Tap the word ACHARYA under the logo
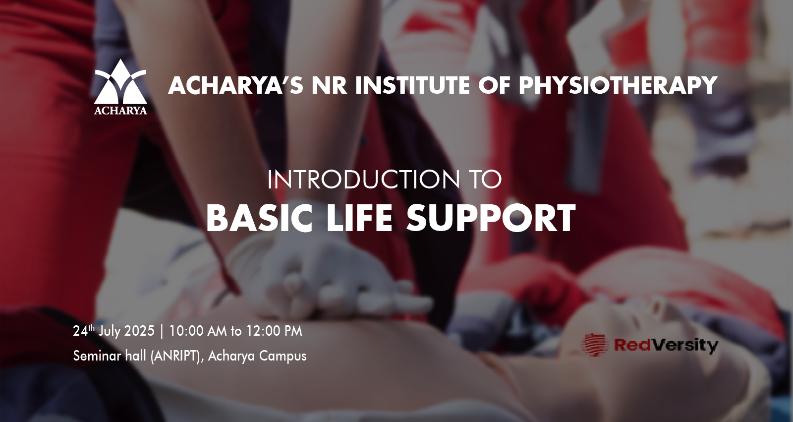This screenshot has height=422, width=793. tap(120, 111)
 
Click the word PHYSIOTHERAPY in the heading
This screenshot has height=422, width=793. tap(618, 85)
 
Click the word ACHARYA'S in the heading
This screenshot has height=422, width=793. tap(236, 85)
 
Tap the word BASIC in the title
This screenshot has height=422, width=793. tap(260, 218)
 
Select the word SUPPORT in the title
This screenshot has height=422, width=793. tap(491, 218)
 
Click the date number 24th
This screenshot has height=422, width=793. tap(84, 331)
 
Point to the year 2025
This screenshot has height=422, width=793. tap(140, 331)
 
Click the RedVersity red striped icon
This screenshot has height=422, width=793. tap(595, 345)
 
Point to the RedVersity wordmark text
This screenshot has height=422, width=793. tap(666, 345)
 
